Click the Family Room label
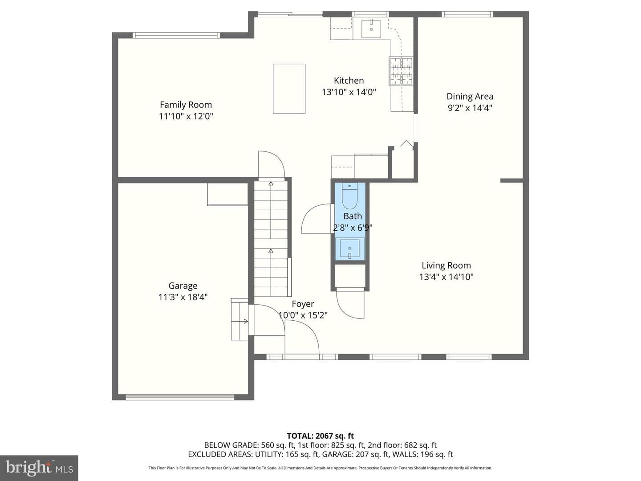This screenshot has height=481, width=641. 186,105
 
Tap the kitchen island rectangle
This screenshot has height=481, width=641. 289,89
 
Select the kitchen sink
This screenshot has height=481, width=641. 371,29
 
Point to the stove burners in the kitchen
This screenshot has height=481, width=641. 402,71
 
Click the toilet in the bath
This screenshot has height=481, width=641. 349,196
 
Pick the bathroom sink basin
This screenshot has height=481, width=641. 349,249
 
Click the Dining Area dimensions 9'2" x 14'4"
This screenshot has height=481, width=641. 470,108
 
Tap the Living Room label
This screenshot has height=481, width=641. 446,265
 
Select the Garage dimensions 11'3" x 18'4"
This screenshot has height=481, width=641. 183,297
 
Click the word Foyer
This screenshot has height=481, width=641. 303,304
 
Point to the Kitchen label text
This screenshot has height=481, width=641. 349,80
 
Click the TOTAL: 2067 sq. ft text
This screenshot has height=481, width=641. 320,436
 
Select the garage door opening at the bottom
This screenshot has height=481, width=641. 180,397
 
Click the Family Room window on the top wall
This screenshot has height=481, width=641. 176,35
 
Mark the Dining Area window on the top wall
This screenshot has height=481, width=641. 467,14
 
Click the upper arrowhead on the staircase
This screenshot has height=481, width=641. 271,183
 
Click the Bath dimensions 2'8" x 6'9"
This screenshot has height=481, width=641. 353,228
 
